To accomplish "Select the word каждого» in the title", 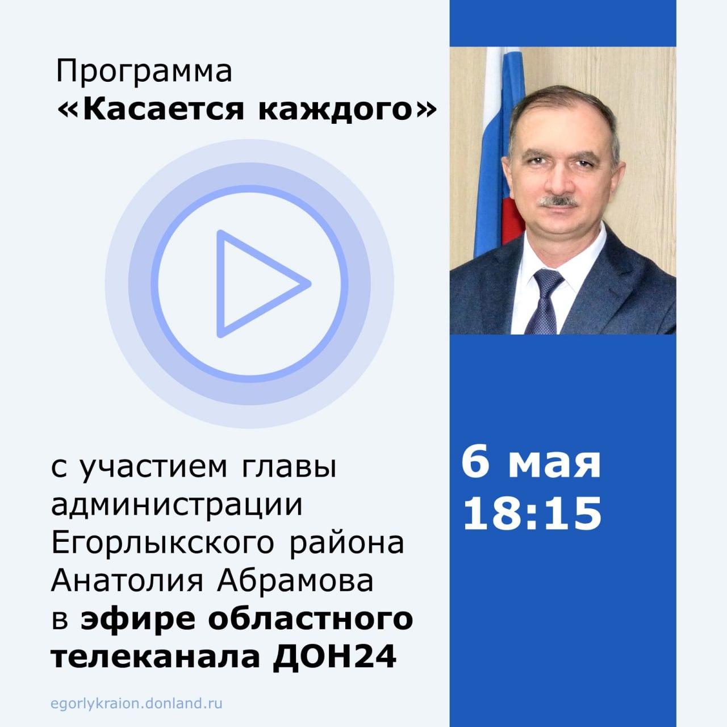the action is coord(347,111).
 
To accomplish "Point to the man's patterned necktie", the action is coord(545,300).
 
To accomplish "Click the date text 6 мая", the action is coord(530,462).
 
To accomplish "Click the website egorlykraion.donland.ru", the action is coord(136,704).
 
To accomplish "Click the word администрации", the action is coord(177,506).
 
